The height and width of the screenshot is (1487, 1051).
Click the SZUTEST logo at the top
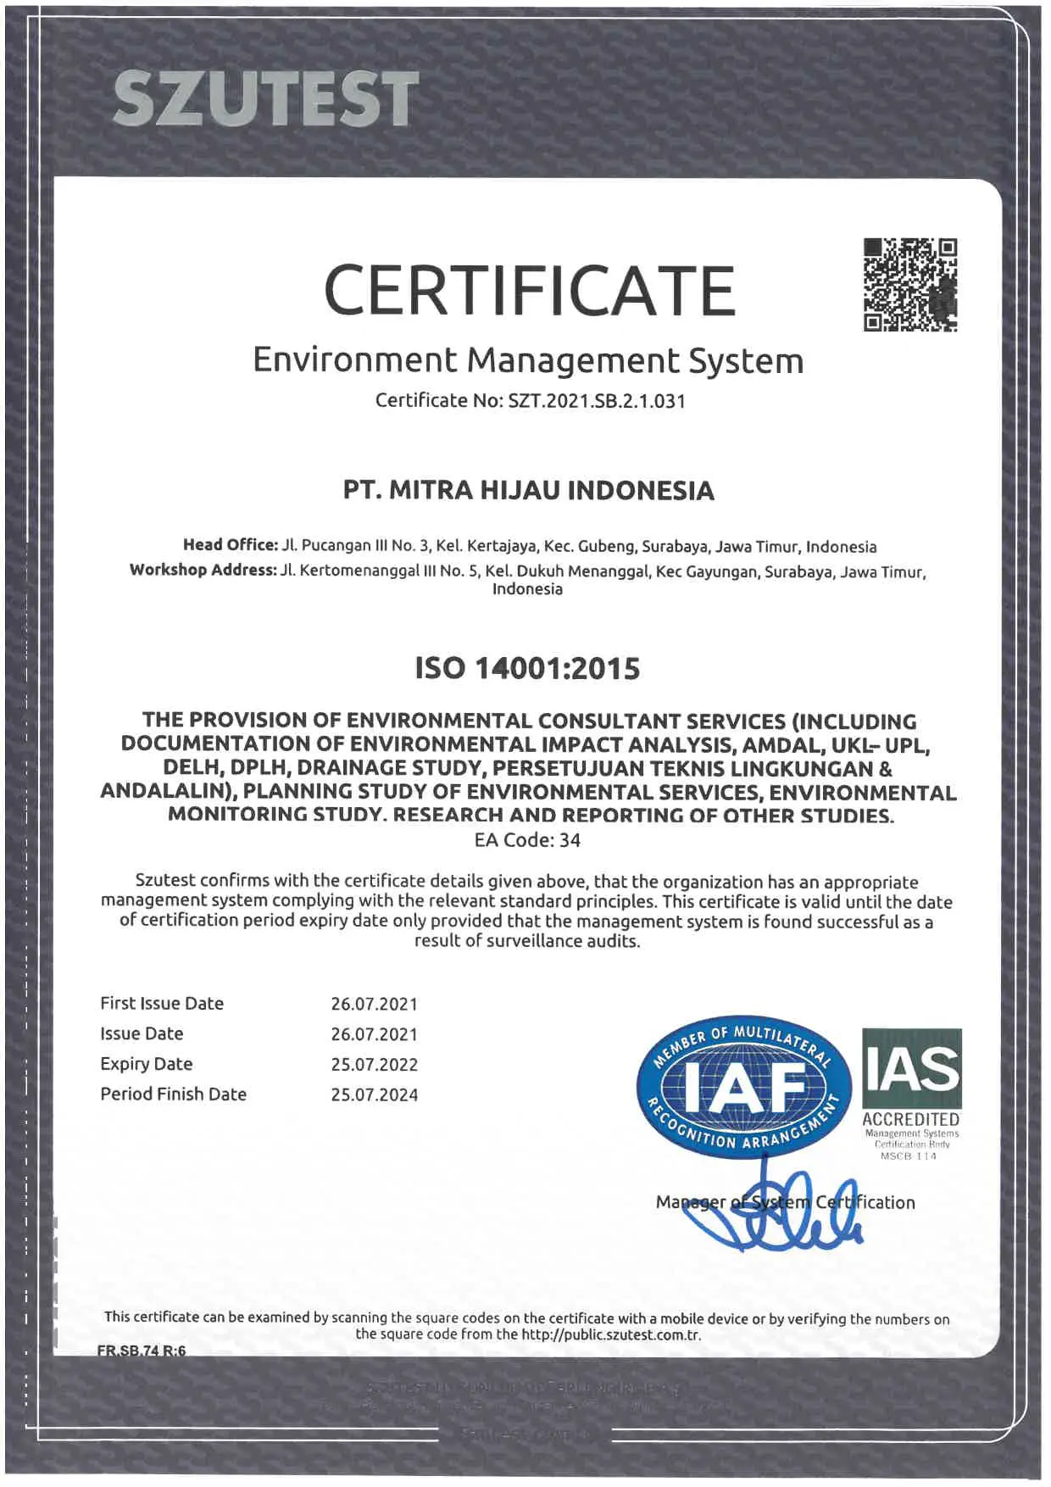[x=265, y=98]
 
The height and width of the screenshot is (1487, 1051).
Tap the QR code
[x=910, y=285]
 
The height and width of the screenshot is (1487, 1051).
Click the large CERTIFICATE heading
[x=529, y=290]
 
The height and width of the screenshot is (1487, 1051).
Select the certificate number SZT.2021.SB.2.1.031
[x=596, y=401]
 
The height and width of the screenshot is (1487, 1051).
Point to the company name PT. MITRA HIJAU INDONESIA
[x=528, y=491]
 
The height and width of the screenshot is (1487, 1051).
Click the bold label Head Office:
[x=230, y=545]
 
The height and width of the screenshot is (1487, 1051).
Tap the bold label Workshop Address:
[x=203, y=570]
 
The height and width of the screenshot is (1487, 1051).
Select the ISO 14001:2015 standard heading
[x=527, y=669]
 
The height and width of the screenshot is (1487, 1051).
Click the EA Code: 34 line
[x=527, y=840]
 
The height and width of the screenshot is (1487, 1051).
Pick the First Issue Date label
[x=162, y=1003]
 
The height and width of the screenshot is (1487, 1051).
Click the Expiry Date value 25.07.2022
[x=374, y=1065]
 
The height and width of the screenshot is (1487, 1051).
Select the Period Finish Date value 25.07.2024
[x=374, y=1095]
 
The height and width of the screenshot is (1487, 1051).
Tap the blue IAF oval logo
[x=743, y=1086]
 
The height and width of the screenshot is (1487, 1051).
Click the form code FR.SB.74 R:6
[x=142, y=1351]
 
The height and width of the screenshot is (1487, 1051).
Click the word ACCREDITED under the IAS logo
[x=910, y=1120]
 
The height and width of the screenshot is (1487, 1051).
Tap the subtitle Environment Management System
[x=527, y=360]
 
